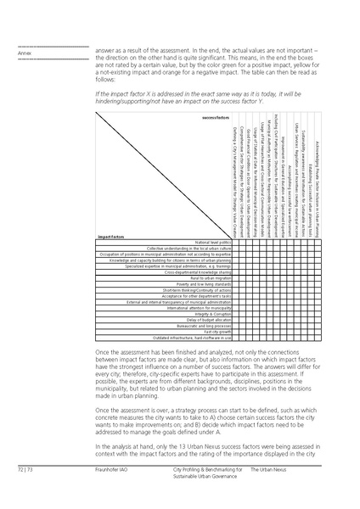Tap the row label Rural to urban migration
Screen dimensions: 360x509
211,277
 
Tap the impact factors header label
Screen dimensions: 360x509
112,212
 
